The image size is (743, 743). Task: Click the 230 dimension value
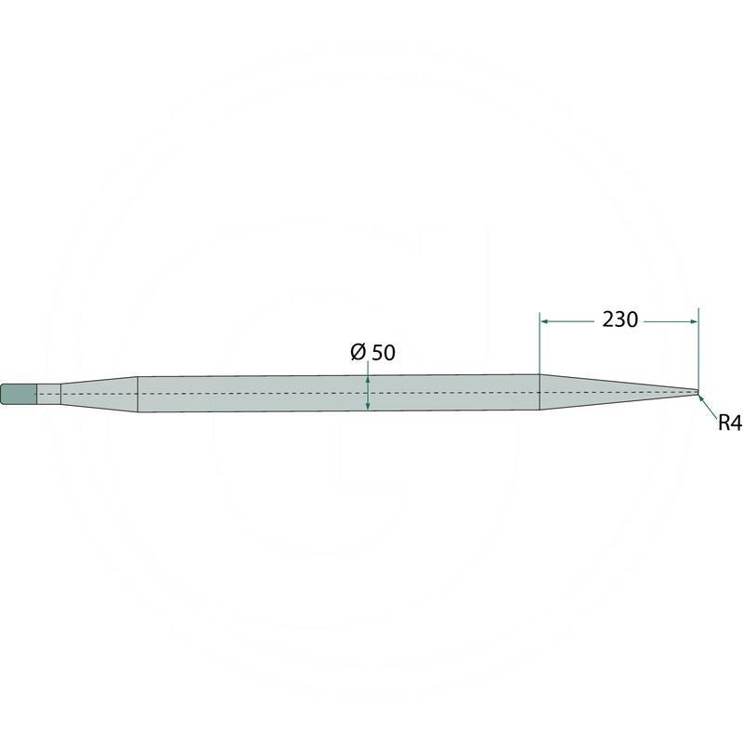tap(619, 320)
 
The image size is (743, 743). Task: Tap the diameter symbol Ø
tap(358, 352)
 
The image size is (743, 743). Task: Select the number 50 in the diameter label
tap(384, 353)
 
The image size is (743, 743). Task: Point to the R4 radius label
tap(730, 423)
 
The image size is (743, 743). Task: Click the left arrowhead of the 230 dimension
tap(545, 321)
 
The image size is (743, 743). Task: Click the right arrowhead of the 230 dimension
tap(694, 321)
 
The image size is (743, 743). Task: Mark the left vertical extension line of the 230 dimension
tap(540, 361)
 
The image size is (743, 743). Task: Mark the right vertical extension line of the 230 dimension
tap(698, 349)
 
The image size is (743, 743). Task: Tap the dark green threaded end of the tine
tap(19, 394)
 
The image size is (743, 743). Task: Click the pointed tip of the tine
tap(699, 392)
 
